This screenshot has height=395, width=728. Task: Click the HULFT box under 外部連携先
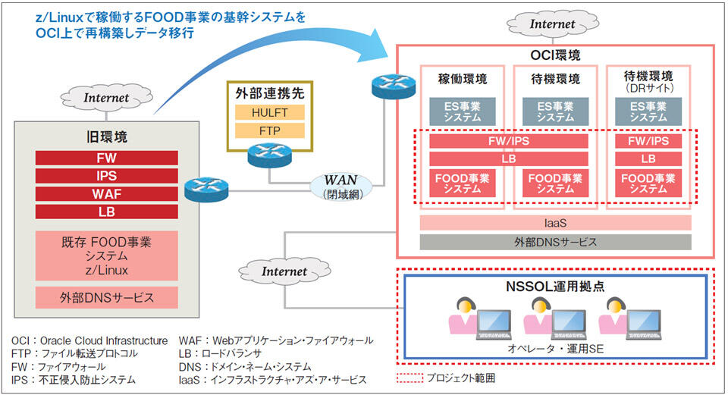[270, 113]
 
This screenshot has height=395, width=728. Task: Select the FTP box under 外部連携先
[270, 131]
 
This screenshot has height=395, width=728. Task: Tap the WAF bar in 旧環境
[107, 194]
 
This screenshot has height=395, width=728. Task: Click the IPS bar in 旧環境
[107, 176]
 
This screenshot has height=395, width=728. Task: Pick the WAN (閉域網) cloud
[341, 187]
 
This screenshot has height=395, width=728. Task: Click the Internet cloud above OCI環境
[553, 24]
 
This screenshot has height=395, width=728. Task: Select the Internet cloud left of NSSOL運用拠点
[284, 271]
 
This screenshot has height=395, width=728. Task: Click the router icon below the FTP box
[270, 155]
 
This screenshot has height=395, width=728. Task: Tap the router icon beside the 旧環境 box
[206, 190]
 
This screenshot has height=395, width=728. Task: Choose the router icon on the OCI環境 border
[394, 86]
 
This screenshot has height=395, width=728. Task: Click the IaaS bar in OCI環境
[555, 223]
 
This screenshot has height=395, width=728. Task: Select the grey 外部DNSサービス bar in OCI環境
[555, 242]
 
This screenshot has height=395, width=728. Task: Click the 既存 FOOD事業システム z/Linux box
[107, 255]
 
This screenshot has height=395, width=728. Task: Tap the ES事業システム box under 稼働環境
[463, 112]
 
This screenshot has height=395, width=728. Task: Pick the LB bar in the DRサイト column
[648, 158]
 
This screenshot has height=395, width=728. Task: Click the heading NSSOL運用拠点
[555, 286]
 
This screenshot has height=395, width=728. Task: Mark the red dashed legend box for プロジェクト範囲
[410, 378]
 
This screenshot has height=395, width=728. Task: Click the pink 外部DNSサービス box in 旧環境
[107, 297]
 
